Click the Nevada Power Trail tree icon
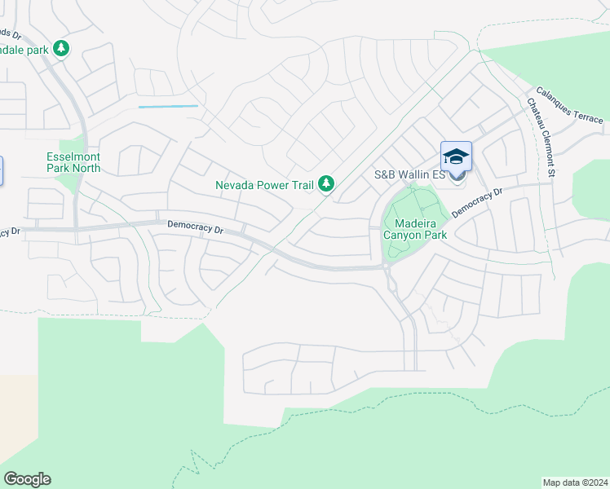pos(325,185)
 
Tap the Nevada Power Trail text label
pos(264,185)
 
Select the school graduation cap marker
pos(457,156)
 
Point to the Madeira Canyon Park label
pos(421,229)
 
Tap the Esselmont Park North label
pos(73,162)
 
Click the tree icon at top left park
pos(61,49)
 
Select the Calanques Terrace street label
pos(569,106)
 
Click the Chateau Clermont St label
pos(541,138)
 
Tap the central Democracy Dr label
pos(195,226)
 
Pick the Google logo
pos(27,479)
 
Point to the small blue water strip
pos(168,106)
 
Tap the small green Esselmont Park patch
pos(69,181)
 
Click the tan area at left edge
pos(16,416)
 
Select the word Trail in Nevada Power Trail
pos(302,185)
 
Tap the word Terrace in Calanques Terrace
pos(587,114)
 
